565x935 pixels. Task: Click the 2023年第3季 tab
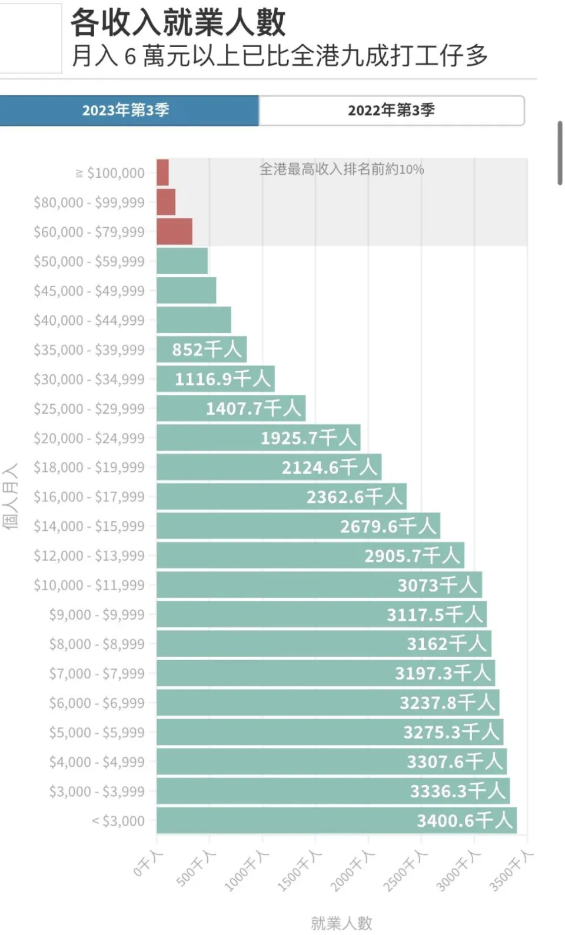(x=127, y=111)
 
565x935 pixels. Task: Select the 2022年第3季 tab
(x=391, y=111)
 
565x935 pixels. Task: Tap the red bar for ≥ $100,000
(x=162, y=172)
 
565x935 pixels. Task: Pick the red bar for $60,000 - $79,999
(x=174, y=231)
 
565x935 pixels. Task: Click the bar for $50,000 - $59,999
(x=182, y=261)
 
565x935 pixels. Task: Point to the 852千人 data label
(x=207, y=350)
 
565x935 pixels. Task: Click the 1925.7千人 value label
(x=308, y=438)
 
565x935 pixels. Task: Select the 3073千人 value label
(x=437, y=585)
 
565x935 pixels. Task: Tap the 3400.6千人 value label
(x=464, y=820)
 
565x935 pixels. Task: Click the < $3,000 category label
(x=118, y=821)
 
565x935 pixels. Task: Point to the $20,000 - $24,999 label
(x=89, y=438)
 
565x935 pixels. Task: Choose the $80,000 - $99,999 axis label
(x=89, y=202)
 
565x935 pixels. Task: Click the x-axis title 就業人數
(x=341, y=923)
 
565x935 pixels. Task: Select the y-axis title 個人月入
(x=11, y=497)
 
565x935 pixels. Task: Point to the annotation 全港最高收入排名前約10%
(x=341, y=169)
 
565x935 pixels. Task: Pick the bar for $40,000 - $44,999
(x=194, y=320)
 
